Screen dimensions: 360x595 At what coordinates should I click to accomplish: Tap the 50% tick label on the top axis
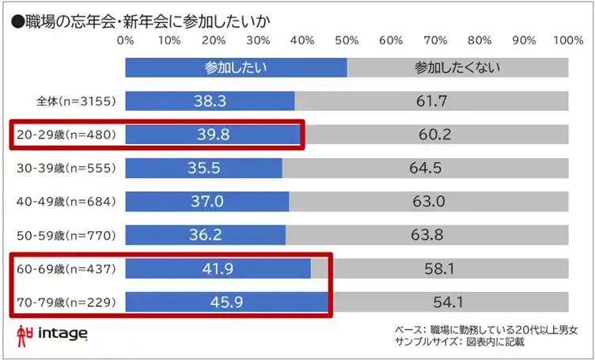click(x=346, y=40)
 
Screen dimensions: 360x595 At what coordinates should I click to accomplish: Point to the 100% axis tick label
click(x=567, y=40)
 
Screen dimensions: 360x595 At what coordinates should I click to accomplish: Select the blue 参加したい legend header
click(x=236, y=68)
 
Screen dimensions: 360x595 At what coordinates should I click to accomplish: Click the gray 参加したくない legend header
click(x=457, y=68)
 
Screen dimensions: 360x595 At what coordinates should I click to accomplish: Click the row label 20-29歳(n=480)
click(x=66, y=135)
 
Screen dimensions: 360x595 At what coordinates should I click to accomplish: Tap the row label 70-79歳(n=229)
click(x=66, y=302)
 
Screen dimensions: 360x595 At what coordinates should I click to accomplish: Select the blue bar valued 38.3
click(x=210, y=101)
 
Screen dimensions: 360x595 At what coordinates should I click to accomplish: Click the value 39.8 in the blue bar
click(x=214, y=135)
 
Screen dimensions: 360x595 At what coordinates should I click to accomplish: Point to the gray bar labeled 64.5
click(x=426, y=169)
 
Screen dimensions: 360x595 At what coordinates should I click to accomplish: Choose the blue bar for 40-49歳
click(x=207, y=202)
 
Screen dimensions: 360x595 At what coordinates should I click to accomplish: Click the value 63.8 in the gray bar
click(x=428, y=235)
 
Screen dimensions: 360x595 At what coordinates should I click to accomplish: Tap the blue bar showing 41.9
click(x=218, y=269)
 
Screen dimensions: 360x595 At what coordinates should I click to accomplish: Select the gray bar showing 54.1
click(x=448, y=302)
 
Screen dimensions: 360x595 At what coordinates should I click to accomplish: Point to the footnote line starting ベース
click(x=486, y=329)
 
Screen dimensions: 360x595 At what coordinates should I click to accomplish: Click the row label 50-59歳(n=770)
click(x=66, y=235)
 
